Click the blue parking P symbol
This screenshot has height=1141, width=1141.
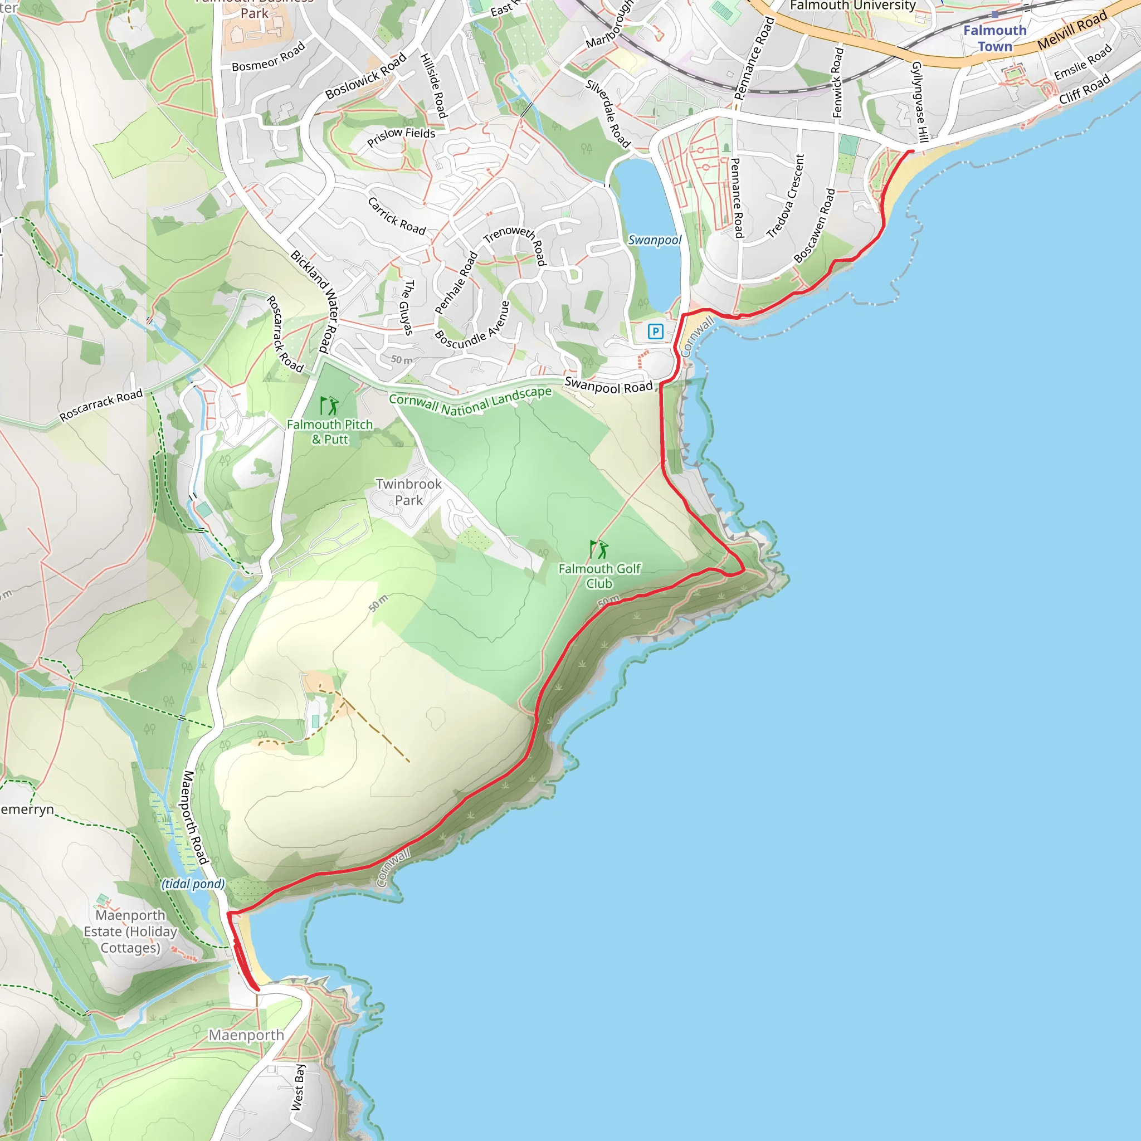point(655,331)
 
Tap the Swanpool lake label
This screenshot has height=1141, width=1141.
point(655,240)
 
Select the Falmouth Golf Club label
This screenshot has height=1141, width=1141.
point(599,576)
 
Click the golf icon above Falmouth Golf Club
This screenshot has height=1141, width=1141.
point(599,549)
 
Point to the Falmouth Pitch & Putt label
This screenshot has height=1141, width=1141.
point(330,432)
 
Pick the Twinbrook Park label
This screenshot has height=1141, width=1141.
point(409,492)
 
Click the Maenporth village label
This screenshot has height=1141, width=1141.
point(246,1035)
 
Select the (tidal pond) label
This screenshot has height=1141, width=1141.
point(193,884)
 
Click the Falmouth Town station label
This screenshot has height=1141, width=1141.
point(994,38)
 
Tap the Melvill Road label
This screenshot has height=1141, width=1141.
point(1072,31)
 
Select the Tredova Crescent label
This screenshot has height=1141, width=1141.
point(786,196)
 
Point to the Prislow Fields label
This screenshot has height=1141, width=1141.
point(401,136)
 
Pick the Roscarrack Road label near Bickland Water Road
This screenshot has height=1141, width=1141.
point(285,334)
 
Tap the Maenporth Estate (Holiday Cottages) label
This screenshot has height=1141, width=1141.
point(130,932)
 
